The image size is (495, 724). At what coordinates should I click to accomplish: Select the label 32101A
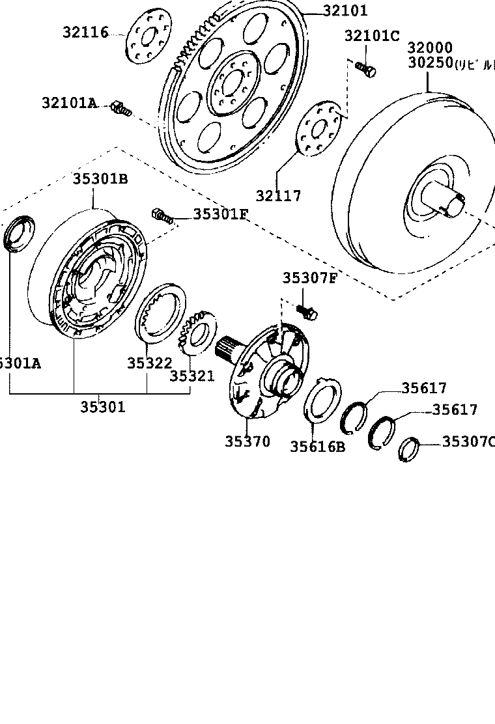point(69,103)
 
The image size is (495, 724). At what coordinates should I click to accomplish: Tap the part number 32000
point(431,48)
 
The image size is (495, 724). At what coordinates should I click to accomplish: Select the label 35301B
point(100,178)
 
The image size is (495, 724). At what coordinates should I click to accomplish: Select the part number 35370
point(247,441)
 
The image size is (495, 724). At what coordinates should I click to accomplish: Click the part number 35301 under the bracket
point(103,407)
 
